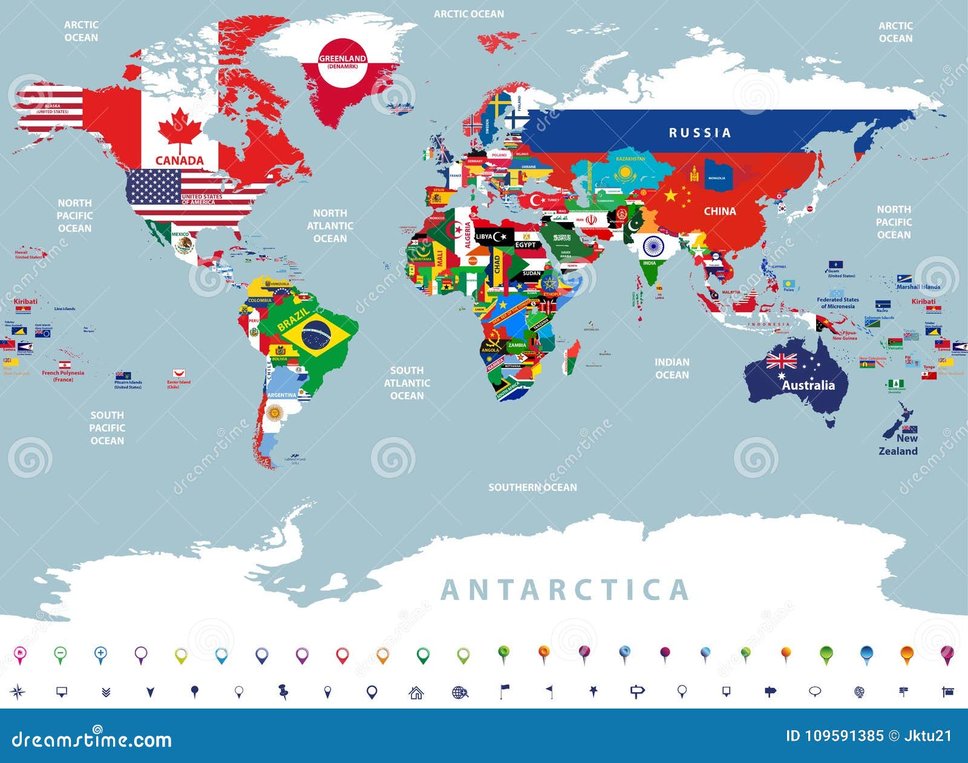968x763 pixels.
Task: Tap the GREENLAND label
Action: tap(342, 59)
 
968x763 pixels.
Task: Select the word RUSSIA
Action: tap(699, 133)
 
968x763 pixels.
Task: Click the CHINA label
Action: tap(719, 211)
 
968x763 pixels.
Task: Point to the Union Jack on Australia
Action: tap(782, 361)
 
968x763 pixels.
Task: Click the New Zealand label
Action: tap(898, 445)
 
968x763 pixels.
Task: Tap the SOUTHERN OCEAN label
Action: tap(532, 487)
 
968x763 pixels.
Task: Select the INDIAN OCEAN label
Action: tap(672, 368)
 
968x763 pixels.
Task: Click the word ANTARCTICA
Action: tap(565, 590)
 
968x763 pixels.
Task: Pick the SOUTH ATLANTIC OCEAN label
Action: tap(407, 383)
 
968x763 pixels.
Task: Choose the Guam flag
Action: tap(836, 265)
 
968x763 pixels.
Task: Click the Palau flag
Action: tap(788, 283)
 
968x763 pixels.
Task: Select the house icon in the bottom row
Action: tap(416, 692)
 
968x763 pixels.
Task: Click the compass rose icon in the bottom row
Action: tap(18, 692)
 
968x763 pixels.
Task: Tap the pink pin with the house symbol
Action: tap(20, 653)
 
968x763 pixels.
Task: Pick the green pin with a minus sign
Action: tap(60, 653)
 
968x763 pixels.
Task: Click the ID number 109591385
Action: tap(834, 736)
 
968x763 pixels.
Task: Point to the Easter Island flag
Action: tap(178, 373)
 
